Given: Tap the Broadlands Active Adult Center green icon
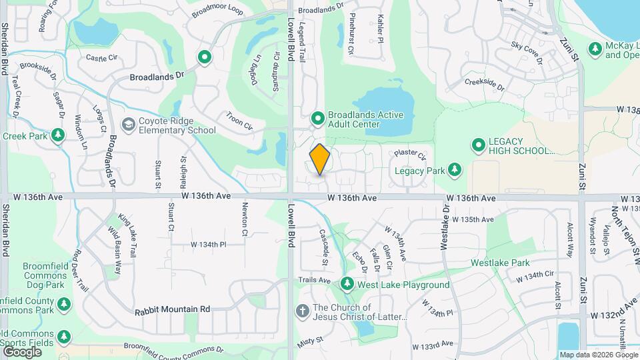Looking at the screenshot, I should [x=318, y=119].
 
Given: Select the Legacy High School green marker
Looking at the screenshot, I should [x=478, y=145].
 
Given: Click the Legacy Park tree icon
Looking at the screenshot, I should [x=455, y=170].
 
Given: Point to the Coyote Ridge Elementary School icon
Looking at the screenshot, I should [x=127, y=125].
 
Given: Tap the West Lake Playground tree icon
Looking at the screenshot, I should [x=347, y=285].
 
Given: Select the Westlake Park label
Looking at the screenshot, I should [x=500, y=263].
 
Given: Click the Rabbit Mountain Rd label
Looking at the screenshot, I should [x=172, y=309].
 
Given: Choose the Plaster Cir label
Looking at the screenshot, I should [x=409, y=155].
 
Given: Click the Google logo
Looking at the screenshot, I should [x=22, y=351].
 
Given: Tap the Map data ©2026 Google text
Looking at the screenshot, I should [x=598, y=355].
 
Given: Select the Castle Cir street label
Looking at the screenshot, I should [x=101, y=59].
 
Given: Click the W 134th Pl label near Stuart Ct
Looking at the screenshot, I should [x=209, y=245].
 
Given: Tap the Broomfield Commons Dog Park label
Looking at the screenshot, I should [x=43, y=275].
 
